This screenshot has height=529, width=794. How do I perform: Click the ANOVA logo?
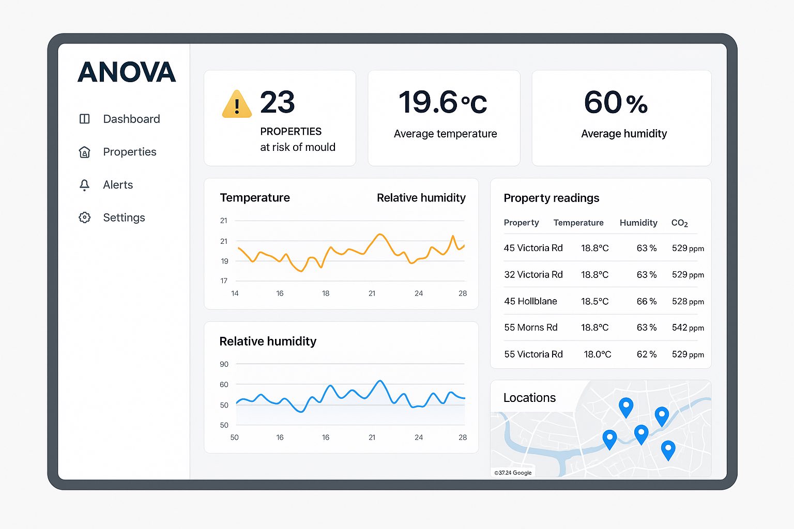[x=127, y=72]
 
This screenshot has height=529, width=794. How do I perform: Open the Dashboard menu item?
[x=131, y=119]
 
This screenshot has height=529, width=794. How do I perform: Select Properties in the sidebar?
[x=129, y=152]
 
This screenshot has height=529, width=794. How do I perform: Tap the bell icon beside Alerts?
[x=84, y=185]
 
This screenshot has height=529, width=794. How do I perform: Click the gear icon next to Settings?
[x=84, y=217]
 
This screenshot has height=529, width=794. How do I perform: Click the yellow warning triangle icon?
[x=237, y=104]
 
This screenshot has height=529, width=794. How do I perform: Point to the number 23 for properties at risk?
[x=278, y=102]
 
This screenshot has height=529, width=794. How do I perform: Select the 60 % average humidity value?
[x=615, y=102]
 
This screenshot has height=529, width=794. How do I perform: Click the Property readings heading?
[x=551, y=198]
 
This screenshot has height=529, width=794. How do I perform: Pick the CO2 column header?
[x=679, y=223]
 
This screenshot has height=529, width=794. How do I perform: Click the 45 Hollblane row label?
[x=530, y=301]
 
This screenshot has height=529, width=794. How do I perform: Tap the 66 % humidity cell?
[x=646, y=301]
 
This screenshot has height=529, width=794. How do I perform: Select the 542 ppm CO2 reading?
[x=688, y=328]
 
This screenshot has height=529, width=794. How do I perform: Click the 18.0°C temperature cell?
[x=597, y=354]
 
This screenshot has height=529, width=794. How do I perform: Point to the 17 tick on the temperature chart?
[x=224, y=281]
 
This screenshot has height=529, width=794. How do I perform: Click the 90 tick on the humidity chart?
[x=224, y=364]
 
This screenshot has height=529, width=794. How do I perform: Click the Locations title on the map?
[x=529, y=398]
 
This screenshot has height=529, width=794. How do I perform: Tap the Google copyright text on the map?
[x=513, y=473]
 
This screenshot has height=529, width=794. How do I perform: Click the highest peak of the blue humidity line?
[x=380, y=381]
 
